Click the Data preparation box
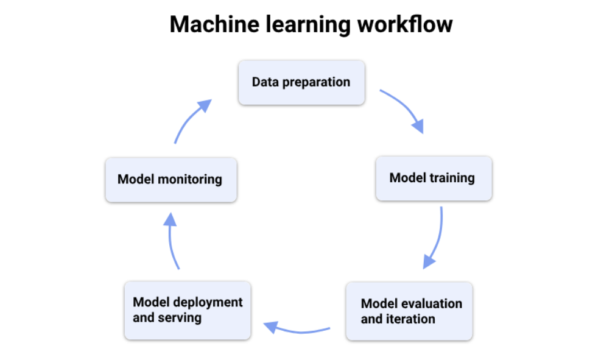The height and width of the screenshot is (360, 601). tap(301, 82)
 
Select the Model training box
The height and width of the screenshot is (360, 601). tap(433, 178)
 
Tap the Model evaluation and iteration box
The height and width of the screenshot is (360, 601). tap(409, 311)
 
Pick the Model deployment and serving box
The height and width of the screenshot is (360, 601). tap(187, 309)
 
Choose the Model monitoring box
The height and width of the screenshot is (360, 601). tap(170, 180)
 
